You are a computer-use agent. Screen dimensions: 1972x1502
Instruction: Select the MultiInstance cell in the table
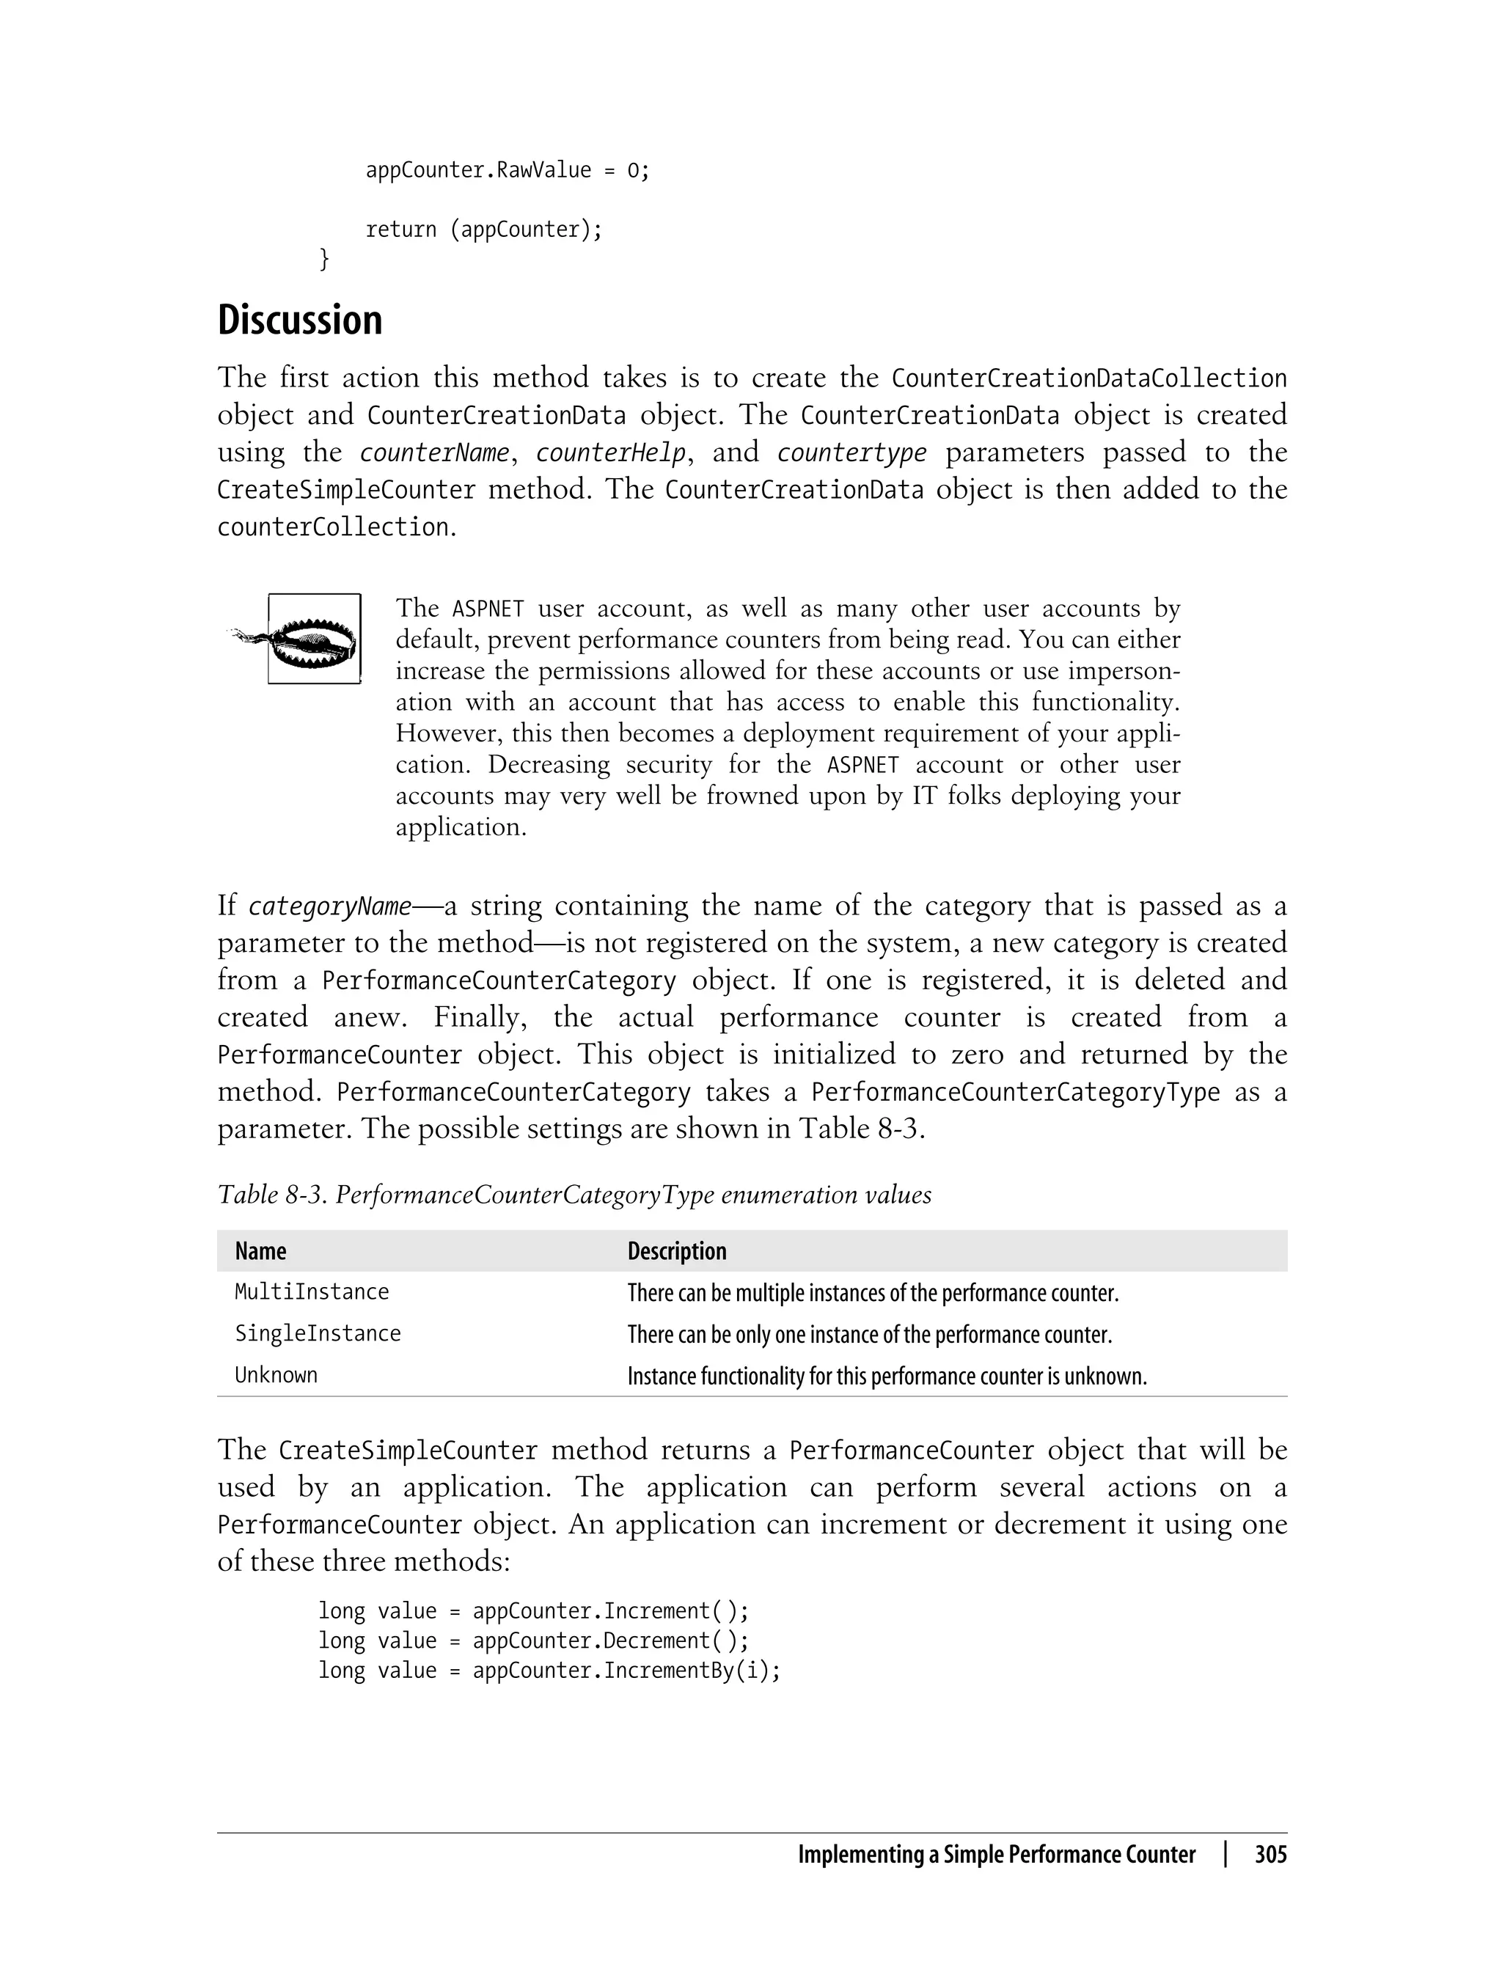coord(311,1291)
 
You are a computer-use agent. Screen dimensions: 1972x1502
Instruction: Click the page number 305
coord(1270,1855)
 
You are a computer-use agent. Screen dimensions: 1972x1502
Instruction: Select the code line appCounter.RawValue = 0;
coord(507,170)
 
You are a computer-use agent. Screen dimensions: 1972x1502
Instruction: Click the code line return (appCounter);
coord(484,230)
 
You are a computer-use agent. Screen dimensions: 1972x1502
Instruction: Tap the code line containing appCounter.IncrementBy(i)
coord(549,1670)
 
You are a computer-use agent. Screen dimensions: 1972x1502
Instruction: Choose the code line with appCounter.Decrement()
coord(533,1641)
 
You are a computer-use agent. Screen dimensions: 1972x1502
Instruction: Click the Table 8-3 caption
coord(574,1195)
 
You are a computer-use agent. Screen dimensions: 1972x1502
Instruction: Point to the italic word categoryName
coord(330,906)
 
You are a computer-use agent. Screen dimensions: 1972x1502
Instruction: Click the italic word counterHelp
coord(611,452)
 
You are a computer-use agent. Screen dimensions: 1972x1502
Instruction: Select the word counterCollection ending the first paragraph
coord(332,527)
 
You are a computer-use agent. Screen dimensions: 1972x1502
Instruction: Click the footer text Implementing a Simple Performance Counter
coord(996,1855)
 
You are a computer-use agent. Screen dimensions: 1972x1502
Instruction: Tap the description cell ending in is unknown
coord(886,1376)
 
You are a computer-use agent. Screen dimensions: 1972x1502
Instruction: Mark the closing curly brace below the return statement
coord(325,259)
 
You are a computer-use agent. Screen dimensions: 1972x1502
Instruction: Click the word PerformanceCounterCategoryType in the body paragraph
coord(1015,1093)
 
